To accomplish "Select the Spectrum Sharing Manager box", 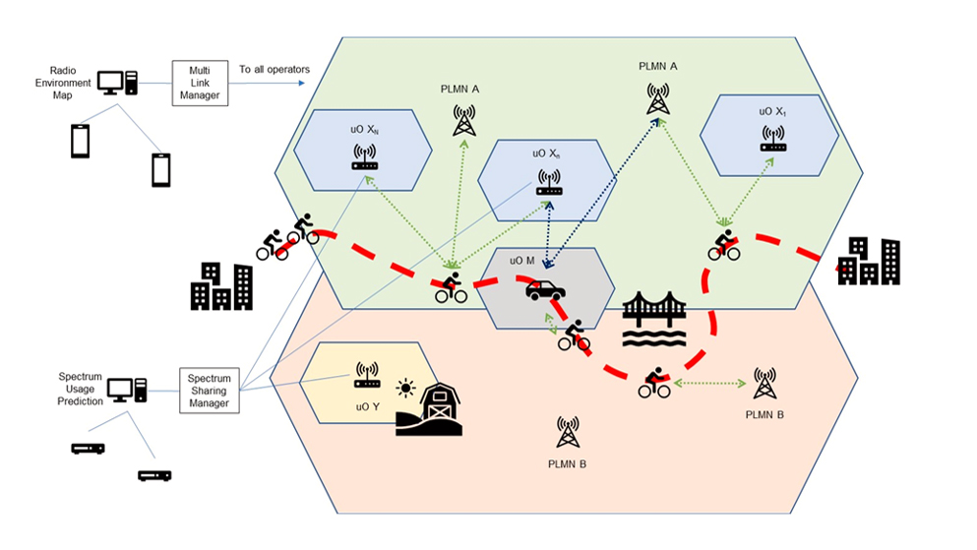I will (209, 390).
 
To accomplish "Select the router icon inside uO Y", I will (367, 371).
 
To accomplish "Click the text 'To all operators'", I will (275, 70).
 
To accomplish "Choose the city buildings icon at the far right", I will (869, 261).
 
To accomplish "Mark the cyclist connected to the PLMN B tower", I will (654, 382).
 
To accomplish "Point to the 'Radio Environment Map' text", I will (70, 83).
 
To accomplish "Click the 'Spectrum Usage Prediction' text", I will (79, 390).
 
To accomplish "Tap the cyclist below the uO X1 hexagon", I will (724, 245).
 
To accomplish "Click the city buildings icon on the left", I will (221, 286).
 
